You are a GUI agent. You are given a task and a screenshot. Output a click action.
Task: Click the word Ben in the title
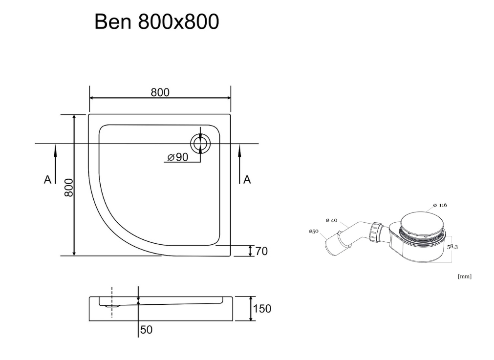[x=113, y=21]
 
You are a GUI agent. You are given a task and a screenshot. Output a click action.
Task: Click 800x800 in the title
[x=179, y=21]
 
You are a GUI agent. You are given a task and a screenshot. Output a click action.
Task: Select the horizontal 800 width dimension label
[x=160, y=92]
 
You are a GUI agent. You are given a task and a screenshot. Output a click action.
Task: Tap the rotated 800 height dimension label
[x=69, y=188]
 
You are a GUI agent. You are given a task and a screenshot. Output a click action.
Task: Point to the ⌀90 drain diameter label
[x=178, y=157]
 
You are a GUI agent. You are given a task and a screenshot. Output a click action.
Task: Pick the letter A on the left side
[x=47, y=180]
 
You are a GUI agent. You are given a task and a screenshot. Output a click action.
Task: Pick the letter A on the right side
[x=247, y=180]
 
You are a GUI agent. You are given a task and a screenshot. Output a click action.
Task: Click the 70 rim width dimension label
[x=261, y=251]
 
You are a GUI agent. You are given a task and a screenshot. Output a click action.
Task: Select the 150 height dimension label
[x=262, y=308]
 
